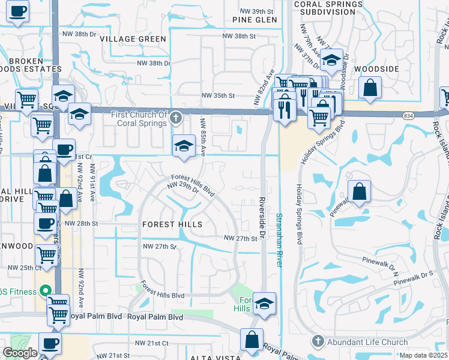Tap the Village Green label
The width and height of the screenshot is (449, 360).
[133, 39]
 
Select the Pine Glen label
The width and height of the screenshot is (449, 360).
[255, 20]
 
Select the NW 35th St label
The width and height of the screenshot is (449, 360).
[217, 95]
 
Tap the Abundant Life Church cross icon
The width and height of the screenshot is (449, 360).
[316, 341]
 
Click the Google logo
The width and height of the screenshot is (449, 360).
[20, 353]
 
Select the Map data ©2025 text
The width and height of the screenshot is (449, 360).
[424, 356]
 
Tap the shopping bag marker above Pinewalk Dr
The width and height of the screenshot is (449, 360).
[358, 192]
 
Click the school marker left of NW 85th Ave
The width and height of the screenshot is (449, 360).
[184, 146]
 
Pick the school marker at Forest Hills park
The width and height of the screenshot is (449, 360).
[264, 304]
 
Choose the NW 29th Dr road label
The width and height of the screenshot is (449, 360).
[183, 188]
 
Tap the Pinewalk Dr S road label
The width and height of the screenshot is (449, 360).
[414, 276]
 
